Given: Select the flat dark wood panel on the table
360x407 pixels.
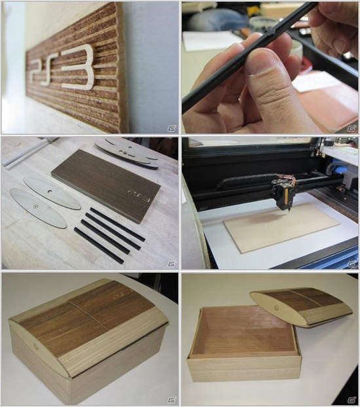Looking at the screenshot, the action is click(x=106, y=186).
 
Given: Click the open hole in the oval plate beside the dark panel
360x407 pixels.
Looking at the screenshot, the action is click(x=49, y=191).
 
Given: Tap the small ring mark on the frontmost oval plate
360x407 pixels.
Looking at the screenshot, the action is click(x=35, y=207).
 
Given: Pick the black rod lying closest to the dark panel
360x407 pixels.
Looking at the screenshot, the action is click(x=117, y=224).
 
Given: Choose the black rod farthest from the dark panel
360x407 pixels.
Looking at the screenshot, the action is click(x=99, y=245).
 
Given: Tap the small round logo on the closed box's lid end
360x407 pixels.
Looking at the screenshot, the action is click(x=35, y=346).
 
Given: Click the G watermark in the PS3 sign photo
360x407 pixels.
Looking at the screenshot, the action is click(x=171, y=128).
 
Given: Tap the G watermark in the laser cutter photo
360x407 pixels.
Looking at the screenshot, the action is click(x=352, y=264).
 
